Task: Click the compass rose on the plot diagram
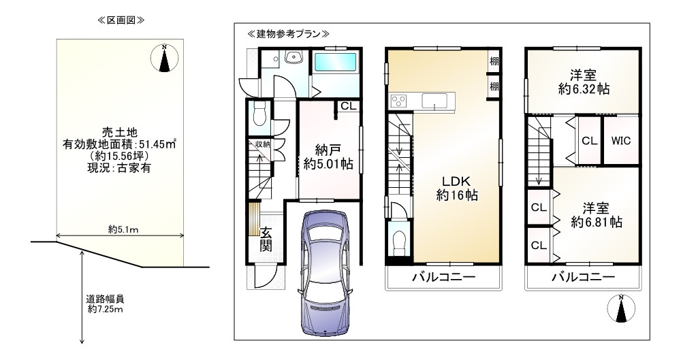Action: pyautogui.click(x=164, y=58)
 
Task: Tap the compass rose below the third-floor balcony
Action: pyautogui.click(x=620, y=310)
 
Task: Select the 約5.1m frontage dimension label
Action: pyautogui.click(x=123, y=229)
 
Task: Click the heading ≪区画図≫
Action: pyautogui.click(x=121, y=20)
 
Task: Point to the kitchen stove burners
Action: pyautogui.click(x=398, y=101)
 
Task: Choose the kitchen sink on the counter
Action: pyautogui.click(x=434, y=101)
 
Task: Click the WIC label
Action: pyautogui.click(x=620, y=141)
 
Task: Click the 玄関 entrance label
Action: pyautogui.click(x=266, y=239)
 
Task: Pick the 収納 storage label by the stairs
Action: pyautogui.click(x=263, y=144)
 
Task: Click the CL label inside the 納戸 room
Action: pyautogui.click(x=348, y=106)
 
